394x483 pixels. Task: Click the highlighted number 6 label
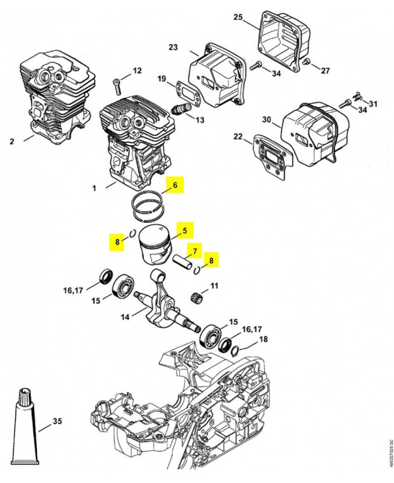[175, 186]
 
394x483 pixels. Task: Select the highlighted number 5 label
[184, 230]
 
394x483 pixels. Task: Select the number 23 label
[173, 46]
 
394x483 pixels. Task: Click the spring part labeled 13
[181, 110]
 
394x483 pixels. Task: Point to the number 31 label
[373, 103]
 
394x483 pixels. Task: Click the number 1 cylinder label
[94, 188]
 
